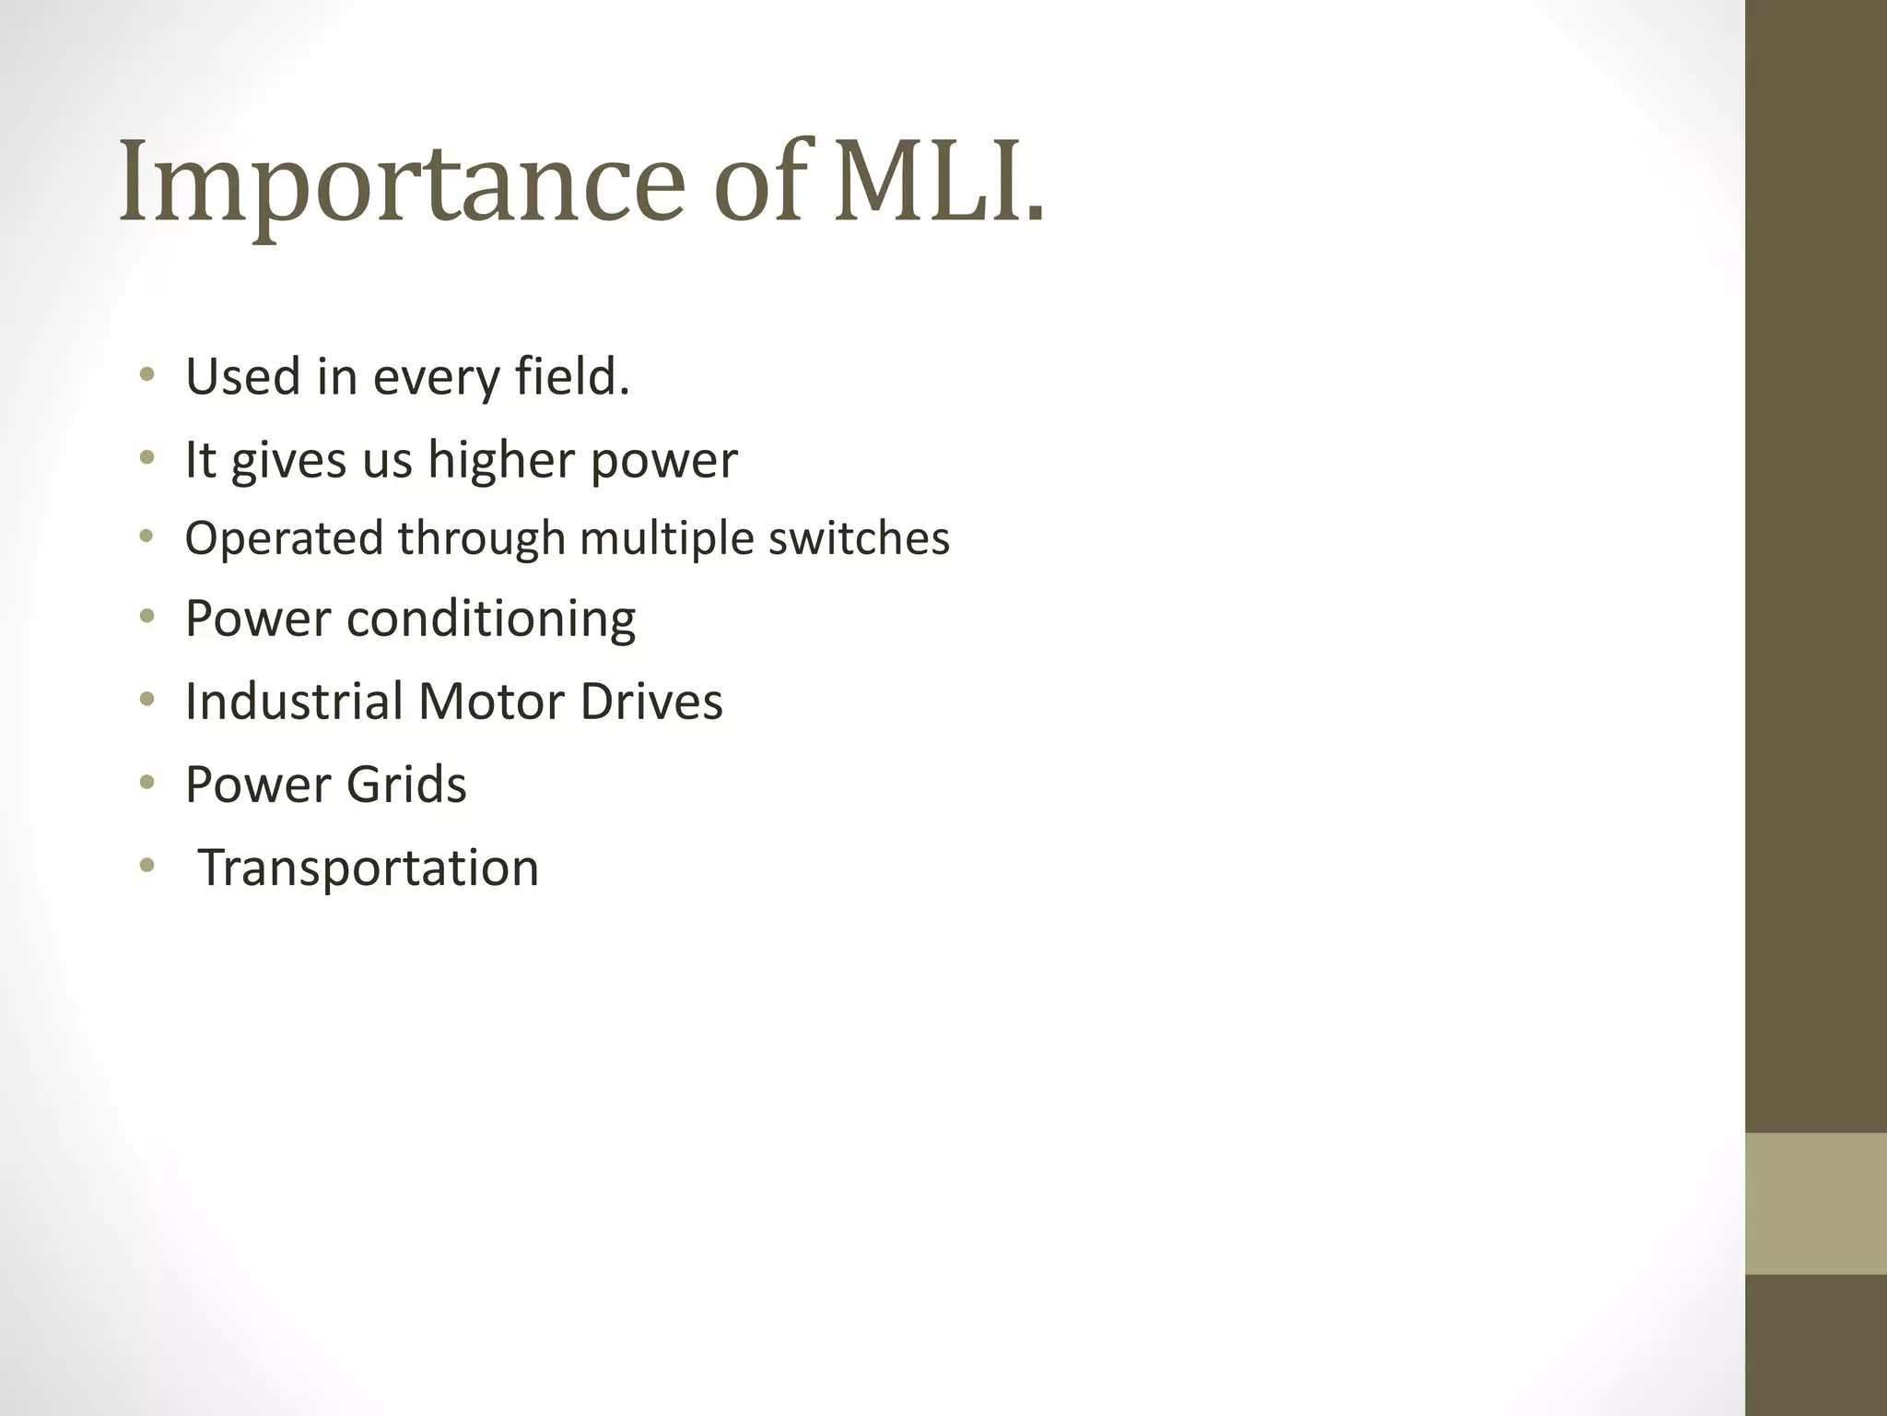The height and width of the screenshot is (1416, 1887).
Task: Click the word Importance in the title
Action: tap(402, 182)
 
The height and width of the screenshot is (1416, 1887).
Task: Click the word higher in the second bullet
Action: tap(501, 460)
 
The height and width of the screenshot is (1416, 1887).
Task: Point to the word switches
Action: tap(859, 538)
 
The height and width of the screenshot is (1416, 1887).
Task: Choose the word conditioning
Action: tap(491, 619)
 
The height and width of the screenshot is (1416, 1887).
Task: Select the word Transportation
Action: tap(369, 868)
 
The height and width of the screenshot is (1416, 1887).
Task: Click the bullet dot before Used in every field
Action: tap(147, 375)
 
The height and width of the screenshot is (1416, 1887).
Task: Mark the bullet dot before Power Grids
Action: tap(147, 784)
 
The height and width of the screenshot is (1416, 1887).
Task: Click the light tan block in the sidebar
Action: tap(1815, 1204)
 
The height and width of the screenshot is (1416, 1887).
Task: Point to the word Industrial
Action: tap(294, 702)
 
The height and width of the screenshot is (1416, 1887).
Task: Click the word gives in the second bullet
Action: tap(288, 460)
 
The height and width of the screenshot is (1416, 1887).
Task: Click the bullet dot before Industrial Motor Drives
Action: tap(147, 701)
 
